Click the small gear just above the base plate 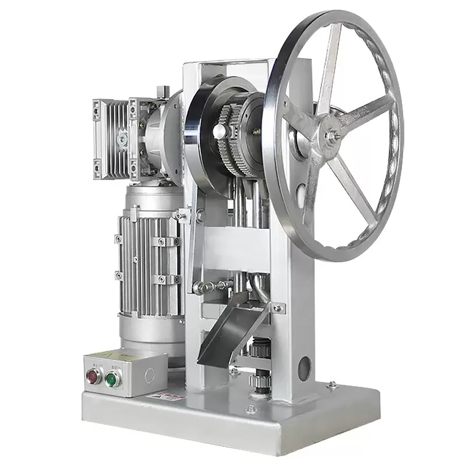tap(256, 382)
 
